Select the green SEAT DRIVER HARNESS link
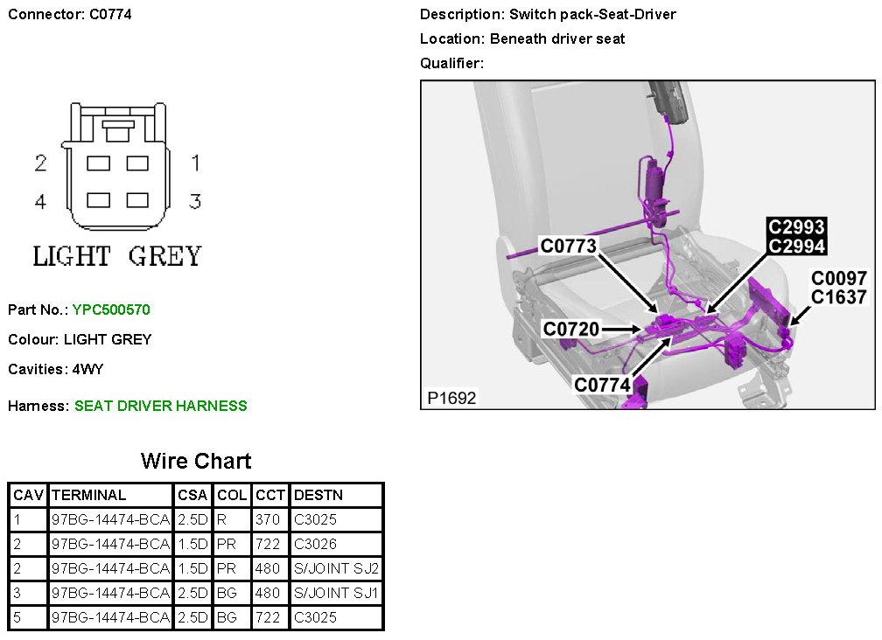[160, 406]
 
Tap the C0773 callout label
[568, 247]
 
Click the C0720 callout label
[571, 329]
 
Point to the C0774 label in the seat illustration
[602, 385]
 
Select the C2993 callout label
[796, 227]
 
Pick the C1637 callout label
[838, 297]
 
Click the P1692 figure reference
[451, 398]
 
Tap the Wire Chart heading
[196, 461]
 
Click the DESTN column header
[318, 495]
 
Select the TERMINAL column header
[89, 495]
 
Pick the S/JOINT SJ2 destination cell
[337, 568]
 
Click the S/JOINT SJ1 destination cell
[337, 593]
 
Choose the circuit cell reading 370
[268, 519]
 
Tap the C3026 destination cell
[315, 544]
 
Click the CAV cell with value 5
[17, 617]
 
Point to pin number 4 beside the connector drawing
[40, 202]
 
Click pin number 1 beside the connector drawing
[196, 163]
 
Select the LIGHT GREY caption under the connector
[117, 256]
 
